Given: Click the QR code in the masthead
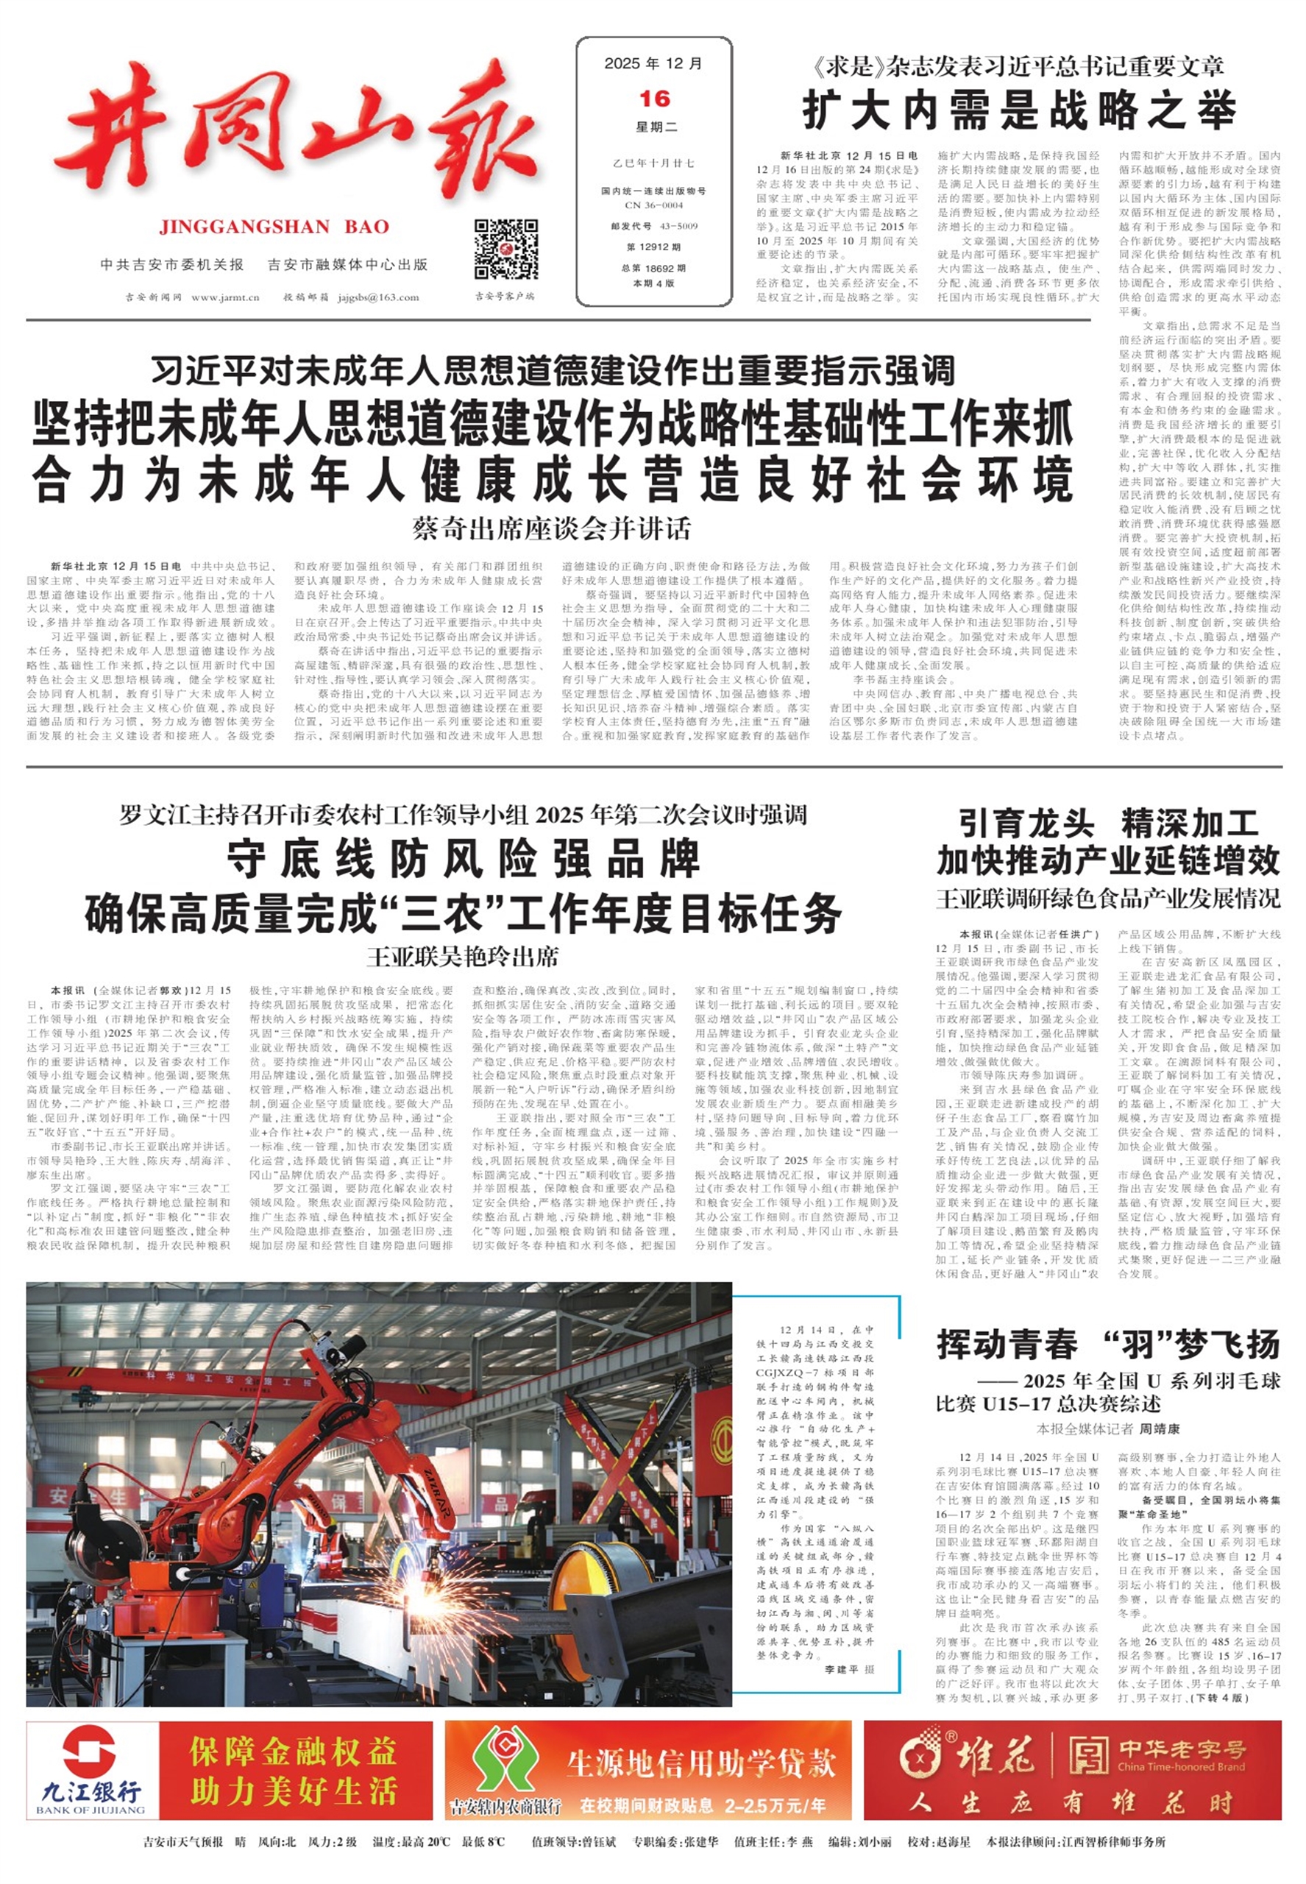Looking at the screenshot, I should (505, 249).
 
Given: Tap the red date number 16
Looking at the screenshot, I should (654, 99).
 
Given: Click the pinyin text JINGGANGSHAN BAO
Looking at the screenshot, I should (274, 227).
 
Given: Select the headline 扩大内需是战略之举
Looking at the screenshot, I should (1019, 110).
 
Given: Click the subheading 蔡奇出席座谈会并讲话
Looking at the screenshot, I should (552, 528).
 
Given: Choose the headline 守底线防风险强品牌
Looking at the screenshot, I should (463, 860).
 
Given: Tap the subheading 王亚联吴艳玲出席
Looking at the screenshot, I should (462, 956).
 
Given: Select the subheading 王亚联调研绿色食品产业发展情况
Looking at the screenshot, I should (1108, 899).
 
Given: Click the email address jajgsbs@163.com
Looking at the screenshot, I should (378, 297).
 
